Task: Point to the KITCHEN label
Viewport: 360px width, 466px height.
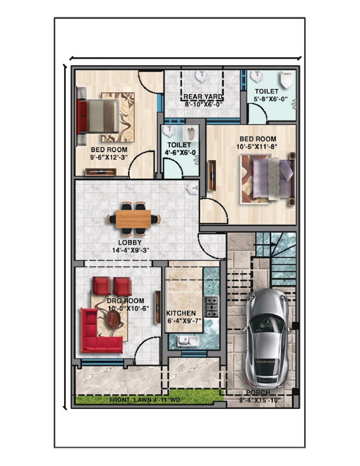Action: (181, 313)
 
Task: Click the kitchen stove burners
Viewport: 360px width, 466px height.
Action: (211, 307)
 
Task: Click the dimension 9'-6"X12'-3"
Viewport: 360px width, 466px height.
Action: (109, 157)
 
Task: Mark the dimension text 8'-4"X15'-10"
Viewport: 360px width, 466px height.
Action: (261, 400)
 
